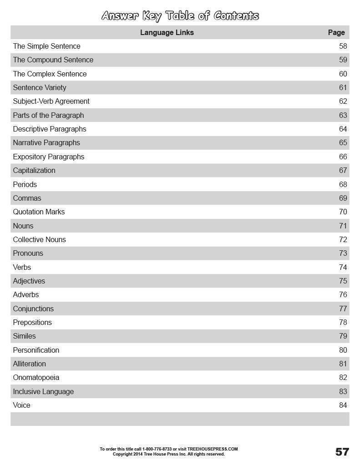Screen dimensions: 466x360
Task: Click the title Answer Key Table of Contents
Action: click(x=180, y=16)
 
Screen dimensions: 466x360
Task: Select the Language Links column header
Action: click(x=167, y=32)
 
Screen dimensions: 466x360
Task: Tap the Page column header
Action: click(x=336, y=32)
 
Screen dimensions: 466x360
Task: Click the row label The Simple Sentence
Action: click(x=46, y=46)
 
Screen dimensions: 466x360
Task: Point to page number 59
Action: click(x=343, y=60)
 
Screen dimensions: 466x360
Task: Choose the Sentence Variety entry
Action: click(x=40, y=87)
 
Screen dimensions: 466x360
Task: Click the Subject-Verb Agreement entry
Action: click(x=51, y=101)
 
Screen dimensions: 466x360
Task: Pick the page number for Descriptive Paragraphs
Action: click(x=343, y=129)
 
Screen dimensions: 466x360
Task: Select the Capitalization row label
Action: click(x=34, y=170)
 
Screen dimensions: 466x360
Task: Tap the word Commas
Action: click(x=27, y=198)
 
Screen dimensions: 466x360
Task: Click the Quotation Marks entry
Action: click(x=39, y=212)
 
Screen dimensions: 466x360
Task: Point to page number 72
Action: click(x=343, y=239)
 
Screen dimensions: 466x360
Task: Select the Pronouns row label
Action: click(x=28, y=253)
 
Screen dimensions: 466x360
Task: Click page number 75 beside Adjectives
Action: click(x=343, y=281)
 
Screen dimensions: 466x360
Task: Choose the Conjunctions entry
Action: click(x=33, y=309)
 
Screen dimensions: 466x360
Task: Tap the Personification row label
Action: click(x=36, y=350)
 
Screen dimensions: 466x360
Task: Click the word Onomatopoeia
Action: click(x=36, y=377)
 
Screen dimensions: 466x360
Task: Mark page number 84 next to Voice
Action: click(x=343, y=405)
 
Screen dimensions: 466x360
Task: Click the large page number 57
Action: click(x=342, y=451)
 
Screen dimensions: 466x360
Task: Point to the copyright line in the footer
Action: click(x=168, y=454)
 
